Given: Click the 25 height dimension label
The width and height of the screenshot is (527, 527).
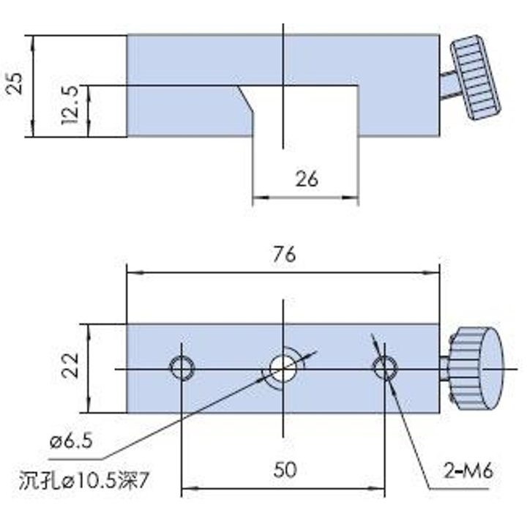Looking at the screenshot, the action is (x=16, y=83).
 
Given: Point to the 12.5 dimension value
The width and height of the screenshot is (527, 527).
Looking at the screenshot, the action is (x=70, y=105).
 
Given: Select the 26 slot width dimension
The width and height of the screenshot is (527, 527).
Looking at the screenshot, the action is (x=307, y=179).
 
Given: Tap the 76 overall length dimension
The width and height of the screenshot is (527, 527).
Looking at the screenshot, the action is (x=284, y=254).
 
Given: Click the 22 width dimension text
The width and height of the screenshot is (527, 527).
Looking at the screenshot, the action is (x=70, y=365).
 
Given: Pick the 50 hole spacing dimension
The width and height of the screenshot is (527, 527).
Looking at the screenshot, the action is (x=285, y=469).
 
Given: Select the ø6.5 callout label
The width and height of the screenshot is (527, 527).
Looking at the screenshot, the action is (x=71, y=441).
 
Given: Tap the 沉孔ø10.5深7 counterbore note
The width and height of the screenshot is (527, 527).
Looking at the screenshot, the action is (x=83, y=481).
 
